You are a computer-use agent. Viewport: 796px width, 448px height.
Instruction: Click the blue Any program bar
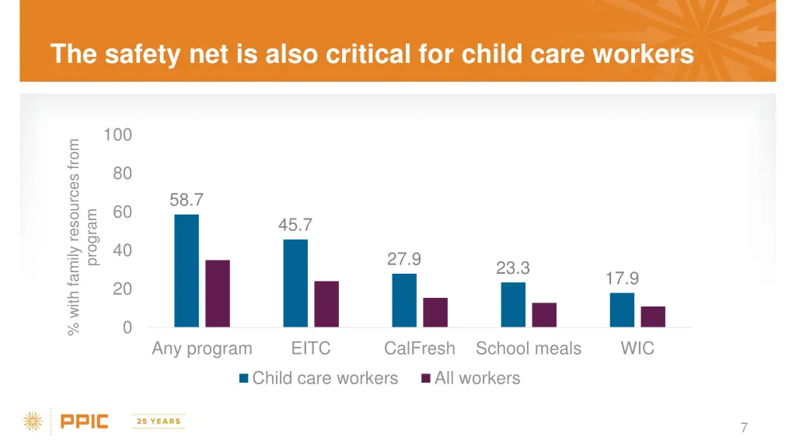click(x=187, y=271)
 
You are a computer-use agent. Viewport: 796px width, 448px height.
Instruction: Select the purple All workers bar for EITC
click(x=326, y=304)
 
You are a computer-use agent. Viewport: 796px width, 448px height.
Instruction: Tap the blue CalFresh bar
click(x=404, y=300)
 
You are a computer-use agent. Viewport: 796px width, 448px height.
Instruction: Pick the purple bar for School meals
click(x=544, y=315)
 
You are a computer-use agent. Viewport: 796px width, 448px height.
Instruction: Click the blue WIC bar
click(x=622, y=310)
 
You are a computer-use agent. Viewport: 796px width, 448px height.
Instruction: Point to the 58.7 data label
click(x=187, y=201)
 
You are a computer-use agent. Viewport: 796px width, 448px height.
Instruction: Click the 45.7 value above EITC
click(x=295, y=226)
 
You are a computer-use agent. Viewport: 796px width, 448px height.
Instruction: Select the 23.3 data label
click(x=513, y=268)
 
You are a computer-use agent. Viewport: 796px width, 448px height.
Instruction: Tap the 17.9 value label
click(x=622, y=278)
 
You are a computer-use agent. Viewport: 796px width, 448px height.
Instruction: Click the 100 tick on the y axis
click(x=117, y=135)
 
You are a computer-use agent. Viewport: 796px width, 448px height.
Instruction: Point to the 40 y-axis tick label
click(x=122, y=250)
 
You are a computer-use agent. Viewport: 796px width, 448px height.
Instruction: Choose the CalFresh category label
click(x=420, y=348)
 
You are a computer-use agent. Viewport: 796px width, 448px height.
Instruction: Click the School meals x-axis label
click(x=529, y=348)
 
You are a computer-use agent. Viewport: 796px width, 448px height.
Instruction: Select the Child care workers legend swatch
click(x=244, y=379)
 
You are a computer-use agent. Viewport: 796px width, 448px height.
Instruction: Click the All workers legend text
click(x=477, y=379)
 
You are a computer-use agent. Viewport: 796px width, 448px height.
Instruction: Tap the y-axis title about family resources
click(x=83, y=236)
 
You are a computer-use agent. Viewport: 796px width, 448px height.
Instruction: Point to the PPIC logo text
click(x=85, y=422)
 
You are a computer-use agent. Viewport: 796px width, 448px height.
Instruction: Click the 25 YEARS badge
click(x=159, y=422)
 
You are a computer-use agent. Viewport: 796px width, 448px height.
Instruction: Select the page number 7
click(x=744, y=427)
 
